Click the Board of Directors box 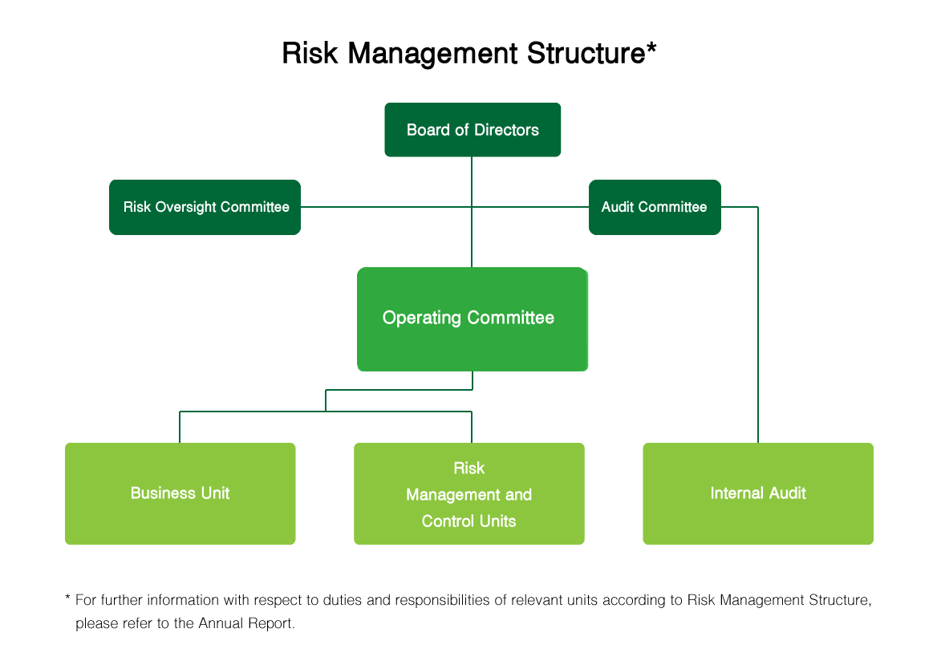(x=473, y=130)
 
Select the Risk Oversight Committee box (x=205, y=207)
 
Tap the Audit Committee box (x=655, y=207)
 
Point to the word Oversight (x=186, y=207)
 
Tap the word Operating (x=421, y=318)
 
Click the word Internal (x=735, y=493)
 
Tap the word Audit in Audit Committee (x=618, y=207)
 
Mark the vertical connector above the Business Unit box (x=180, y=428)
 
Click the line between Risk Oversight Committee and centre (x=385, y=207)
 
